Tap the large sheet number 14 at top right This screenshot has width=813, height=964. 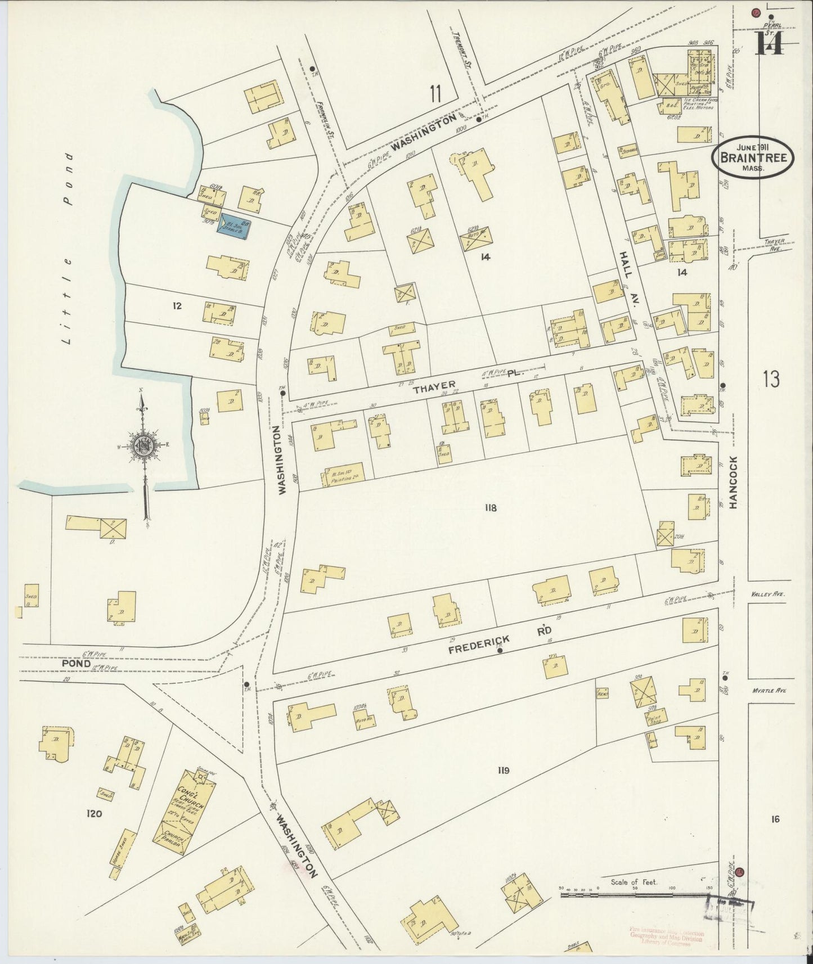point(769,43)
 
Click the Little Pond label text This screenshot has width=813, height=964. point(69,248)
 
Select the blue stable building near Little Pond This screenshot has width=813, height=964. point(235,226)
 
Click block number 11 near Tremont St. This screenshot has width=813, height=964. point(434,93)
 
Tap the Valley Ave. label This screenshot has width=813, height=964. point(767,594)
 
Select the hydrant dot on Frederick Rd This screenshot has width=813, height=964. point(500,651)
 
